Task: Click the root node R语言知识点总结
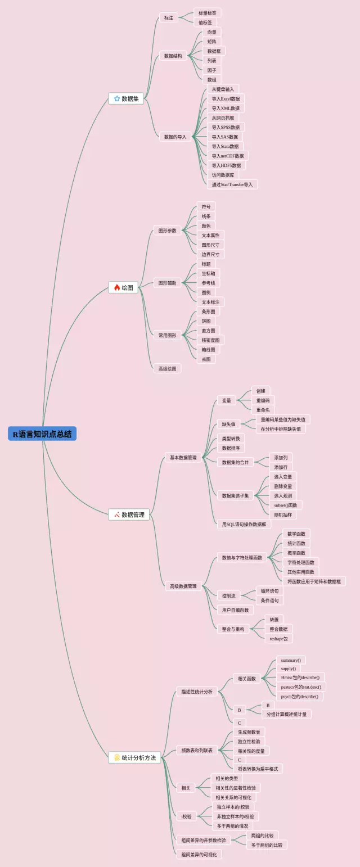(x=42, y=434)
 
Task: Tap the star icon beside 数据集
(x=117, y=98)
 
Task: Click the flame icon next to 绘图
(x=117, y=287)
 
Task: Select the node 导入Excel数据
(x=225, y=99)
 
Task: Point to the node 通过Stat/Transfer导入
(x=232, y=184)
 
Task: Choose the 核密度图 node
(x=210, y=340)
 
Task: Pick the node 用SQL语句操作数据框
(x=244, y=524)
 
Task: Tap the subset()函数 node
(x=286, y=505)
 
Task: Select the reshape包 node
(x=279, y=638)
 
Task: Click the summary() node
(x=291, y=660)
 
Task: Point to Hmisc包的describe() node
(x=300, y=678)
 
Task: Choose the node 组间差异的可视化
(x=199, y=855)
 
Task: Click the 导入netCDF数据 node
(x=227, y=156)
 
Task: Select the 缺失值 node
(x=228, y=424)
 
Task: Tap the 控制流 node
(x=228, y=595)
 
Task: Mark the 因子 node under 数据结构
(x=211, y=70)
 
